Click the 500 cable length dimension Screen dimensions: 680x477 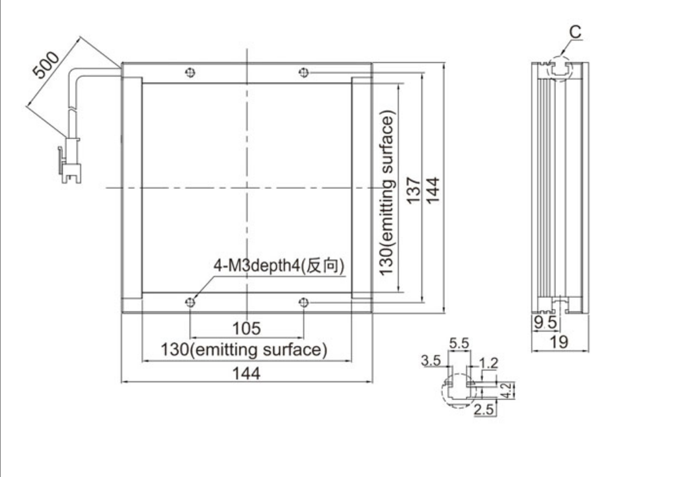coord(46,66)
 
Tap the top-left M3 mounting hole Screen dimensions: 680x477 coord(190,72)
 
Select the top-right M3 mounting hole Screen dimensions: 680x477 coord(303,72)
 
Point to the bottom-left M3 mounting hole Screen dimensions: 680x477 coord(190,302)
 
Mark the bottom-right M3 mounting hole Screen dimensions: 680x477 coord(303,302)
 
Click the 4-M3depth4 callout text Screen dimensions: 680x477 coord(279,265)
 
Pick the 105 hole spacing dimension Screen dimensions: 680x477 coord(246,328)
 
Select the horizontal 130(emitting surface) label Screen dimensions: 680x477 coord(244,350)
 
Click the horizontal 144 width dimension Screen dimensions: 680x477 coord(246,373)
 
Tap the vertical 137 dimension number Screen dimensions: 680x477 coord(414,190)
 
